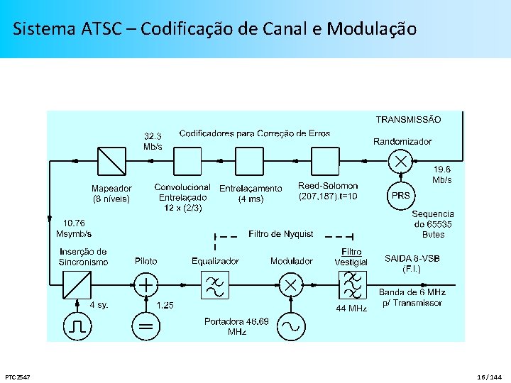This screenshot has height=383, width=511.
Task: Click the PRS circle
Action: pos(401,196)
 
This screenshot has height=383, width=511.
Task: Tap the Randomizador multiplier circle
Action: pos(401,161)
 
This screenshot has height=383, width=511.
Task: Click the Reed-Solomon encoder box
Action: pos(326,161)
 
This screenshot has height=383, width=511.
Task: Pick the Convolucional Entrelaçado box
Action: pos(188,161)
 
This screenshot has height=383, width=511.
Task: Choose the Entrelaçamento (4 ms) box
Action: pos(249,161)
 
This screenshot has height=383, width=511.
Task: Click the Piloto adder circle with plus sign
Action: pos(146,286)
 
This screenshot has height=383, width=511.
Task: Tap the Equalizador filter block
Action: pos(214,286)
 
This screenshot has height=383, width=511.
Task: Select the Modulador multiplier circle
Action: pos(290,286)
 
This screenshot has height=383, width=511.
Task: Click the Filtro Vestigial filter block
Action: pos(352,286)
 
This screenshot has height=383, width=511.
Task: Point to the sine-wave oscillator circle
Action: pos(290,326)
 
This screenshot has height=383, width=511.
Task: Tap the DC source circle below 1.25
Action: pos(146,326)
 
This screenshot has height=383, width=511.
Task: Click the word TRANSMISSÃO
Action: pos(408,120)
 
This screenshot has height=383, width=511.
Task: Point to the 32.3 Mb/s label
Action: pos(153,141)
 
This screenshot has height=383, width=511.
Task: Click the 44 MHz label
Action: pos(351,309)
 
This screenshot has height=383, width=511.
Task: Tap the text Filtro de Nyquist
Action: pos(281,234)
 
